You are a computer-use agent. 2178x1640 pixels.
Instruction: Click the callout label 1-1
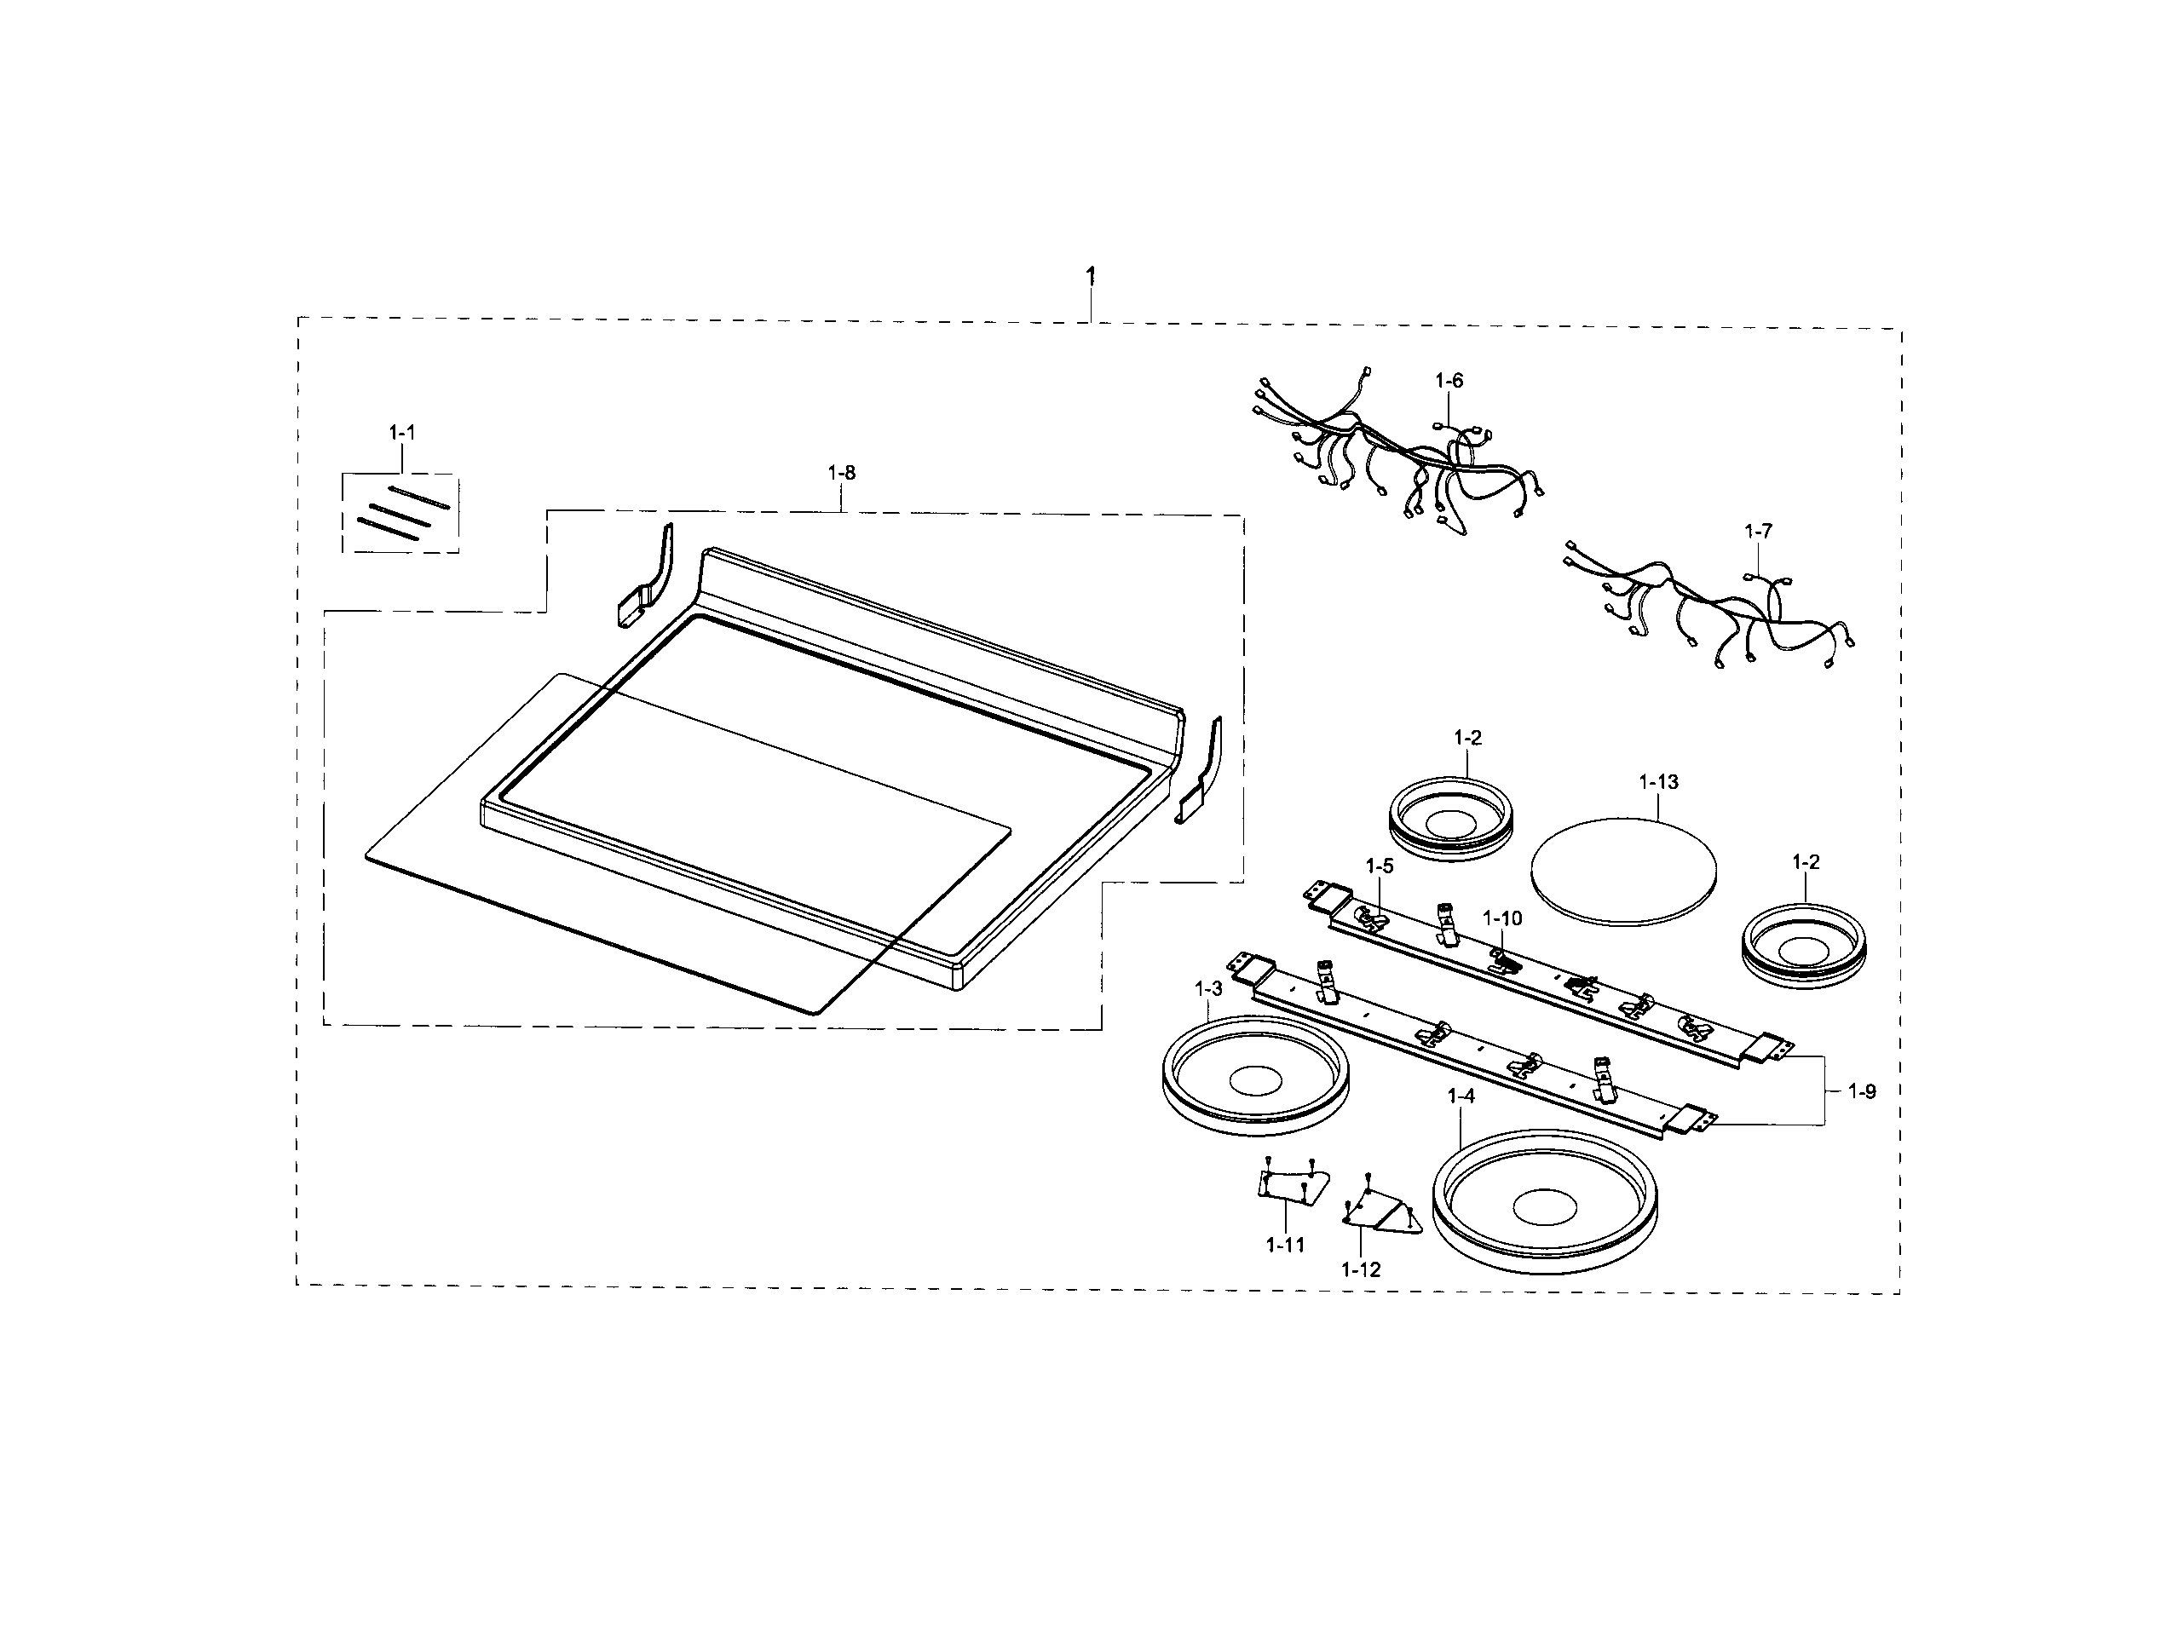point(401,432)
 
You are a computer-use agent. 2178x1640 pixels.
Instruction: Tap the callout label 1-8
point(841,474)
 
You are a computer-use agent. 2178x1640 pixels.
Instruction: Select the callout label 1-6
point(1449,380)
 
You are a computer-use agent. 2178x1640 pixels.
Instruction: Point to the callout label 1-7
point(1758,532)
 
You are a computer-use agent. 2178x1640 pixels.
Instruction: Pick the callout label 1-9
point(1861,1090)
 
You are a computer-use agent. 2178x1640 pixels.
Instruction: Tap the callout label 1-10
point(1502,918)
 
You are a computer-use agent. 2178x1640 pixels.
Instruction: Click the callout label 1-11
point(1285,1246)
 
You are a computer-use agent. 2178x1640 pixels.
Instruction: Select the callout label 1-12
point(1361,1270)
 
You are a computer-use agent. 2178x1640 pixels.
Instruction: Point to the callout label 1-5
point(1380,866)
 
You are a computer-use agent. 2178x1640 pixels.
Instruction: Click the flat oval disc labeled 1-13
point(1623,872)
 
